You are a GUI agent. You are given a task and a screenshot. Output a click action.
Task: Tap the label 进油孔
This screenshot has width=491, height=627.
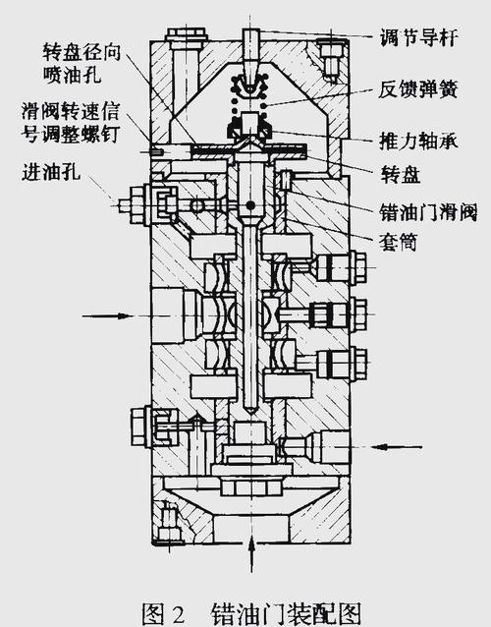click(46, 177)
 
